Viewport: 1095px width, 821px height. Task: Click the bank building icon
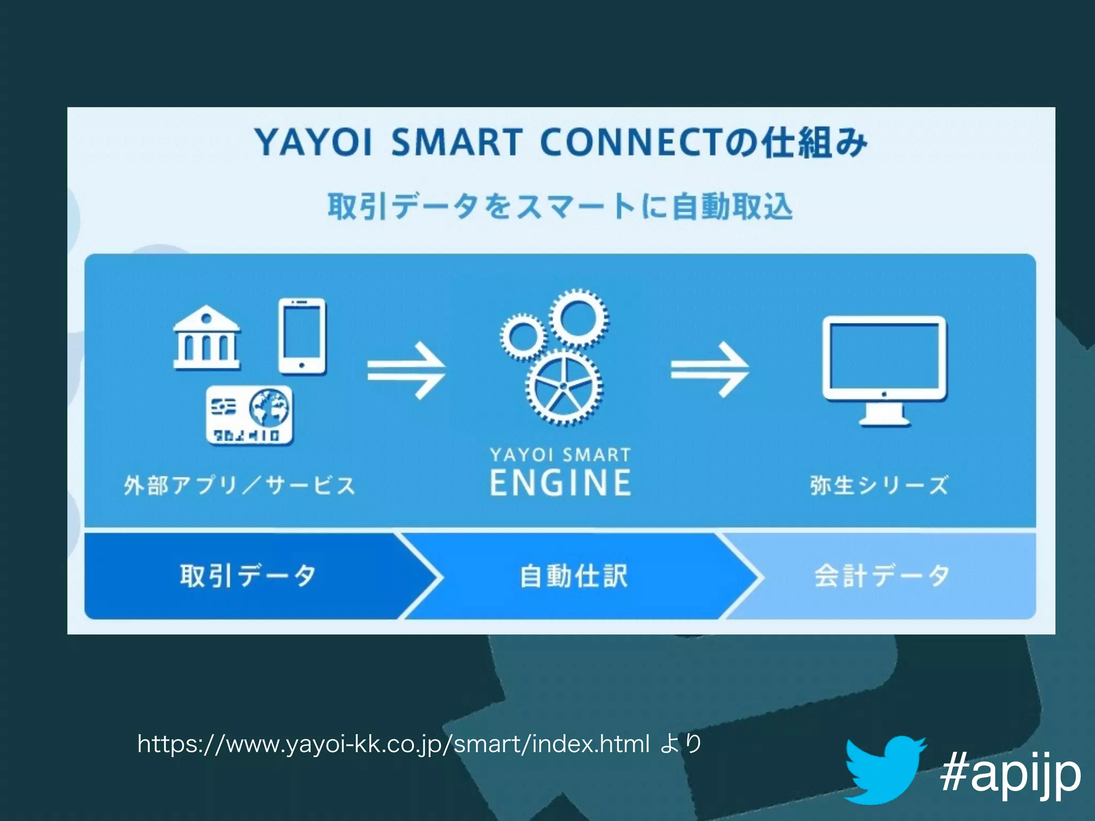tap(207, 338)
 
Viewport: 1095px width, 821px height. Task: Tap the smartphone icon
tap(302, 336)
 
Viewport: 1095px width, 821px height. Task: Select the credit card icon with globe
tap(250, 415)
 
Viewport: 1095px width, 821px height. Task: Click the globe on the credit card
tap(271, 407)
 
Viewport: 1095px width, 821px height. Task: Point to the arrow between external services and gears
tap(406, 370)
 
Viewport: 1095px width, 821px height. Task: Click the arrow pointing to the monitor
tap(710, 369)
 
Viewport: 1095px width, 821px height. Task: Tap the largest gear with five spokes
tap(564, 388)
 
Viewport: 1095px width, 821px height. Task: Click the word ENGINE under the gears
tap(560, 483)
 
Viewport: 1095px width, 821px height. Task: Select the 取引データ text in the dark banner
tap(248, 576)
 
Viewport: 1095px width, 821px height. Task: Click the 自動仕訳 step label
tap(574, 576)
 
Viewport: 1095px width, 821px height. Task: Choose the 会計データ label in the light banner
tap(882, 576)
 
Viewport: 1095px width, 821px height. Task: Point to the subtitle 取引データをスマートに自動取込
tap(560, 207)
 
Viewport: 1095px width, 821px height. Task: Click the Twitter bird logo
tap(884, 770)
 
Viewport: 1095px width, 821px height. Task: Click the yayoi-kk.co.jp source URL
tap(393, 744)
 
